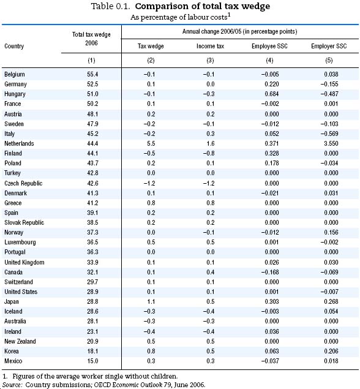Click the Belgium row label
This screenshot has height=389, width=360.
(x=14, y=74)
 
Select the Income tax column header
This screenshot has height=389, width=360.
(x=210, y=46)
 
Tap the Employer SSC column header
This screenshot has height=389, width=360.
(x=329, y=46)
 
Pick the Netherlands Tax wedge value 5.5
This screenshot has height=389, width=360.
(x=151, y=143)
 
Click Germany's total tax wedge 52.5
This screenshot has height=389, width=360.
(x=92, y=85)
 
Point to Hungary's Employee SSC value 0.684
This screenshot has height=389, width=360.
(x=271, y=94)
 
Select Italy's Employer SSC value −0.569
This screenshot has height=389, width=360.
(x=329, y=134)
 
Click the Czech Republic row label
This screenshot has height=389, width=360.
(x=23, y=183)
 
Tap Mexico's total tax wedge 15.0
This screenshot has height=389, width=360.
(x=92, y=361)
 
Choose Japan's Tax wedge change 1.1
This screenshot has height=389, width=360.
(x=151, y=301)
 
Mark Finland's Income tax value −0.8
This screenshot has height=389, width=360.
(x=209, y=153)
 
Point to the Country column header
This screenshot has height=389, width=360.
(x=14, y=46)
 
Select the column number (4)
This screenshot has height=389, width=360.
(x=269, y=61)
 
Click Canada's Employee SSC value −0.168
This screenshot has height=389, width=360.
(x=270, y=272)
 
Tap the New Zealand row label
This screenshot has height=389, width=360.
(x=20, y=341)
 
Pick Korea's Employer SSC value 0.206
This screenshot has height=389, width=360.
(x=331, y=351)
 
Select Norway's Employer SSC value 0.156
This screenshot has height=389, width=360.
(x=331, y=232)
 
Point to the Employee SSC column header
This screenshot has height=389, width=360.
(x=269, y=46)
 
